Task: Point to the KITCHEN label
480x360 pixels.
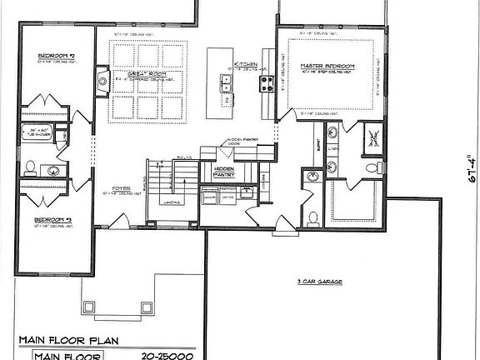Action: point(245,64)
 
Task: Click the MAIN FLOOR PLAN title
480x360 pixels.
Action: point(70,340)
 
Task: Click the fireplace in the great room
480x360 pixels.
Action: point(102,81)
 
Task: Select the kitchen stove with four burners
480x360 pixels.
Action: point(268,82)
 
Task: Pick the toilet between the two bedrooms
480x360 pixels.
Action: point(31,167)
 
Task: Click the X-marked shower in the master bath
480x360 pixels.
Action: point(374,137)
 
